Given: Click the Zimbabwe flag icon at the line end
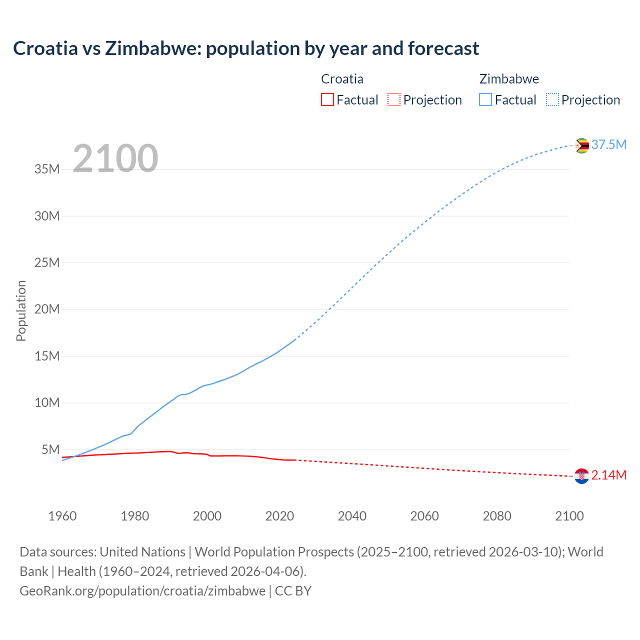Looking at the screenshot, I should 581,145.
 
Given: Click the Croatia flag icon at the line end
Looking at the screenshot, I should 581,476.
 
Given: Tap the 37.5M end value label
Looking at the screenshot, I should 608,144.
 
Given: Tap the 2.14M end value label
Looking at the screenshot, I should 608,475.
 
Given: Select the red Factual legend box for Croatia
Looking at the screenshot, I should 327,99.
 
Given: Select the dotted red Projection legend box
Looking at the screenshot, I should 394,99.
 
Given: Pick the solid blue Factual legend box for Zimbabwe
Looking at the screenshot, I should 485,99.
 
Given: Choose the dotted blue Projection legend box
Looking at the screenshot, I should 552,99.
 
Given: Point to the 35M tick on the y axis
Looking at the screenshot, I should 47,169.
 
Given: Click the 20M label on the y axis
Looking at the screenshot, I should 47,309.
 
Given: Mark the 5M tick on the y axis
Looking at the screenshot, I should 50,449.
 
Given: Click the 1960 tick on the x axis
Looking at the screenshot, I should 62,516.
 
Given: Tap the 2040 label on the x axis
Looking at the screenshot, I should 352,516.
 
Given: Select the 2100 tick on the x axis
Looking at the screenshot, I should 569,516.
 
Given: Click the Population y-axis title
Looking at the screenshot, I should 21,310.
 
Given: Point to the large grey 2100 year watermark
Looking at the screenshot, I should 115,158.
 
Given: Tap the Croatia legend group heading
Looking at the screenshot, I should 342,79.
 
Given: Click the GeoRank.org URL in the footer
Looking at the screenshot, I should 142,591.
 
